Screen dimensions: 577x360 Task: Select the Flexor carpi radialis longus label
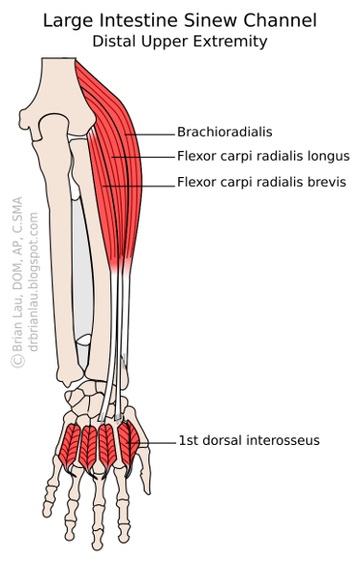(262, 156)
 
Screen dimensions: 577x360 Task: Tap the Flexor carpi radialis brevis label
(261, 182)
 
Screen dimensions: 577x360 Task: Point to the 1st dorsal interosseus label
(248, 440)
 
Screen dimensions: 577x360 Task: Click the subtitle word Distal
(114, 41)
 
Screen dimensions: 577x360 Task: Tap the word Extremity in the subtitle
(235, 41)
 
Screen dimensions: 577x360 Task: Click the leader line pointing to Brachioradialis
(148, 133)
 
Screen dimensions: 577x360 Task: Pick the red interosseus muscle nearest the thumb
(131, 436)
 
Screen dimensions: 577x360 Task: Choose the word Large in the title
(68, 20)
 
